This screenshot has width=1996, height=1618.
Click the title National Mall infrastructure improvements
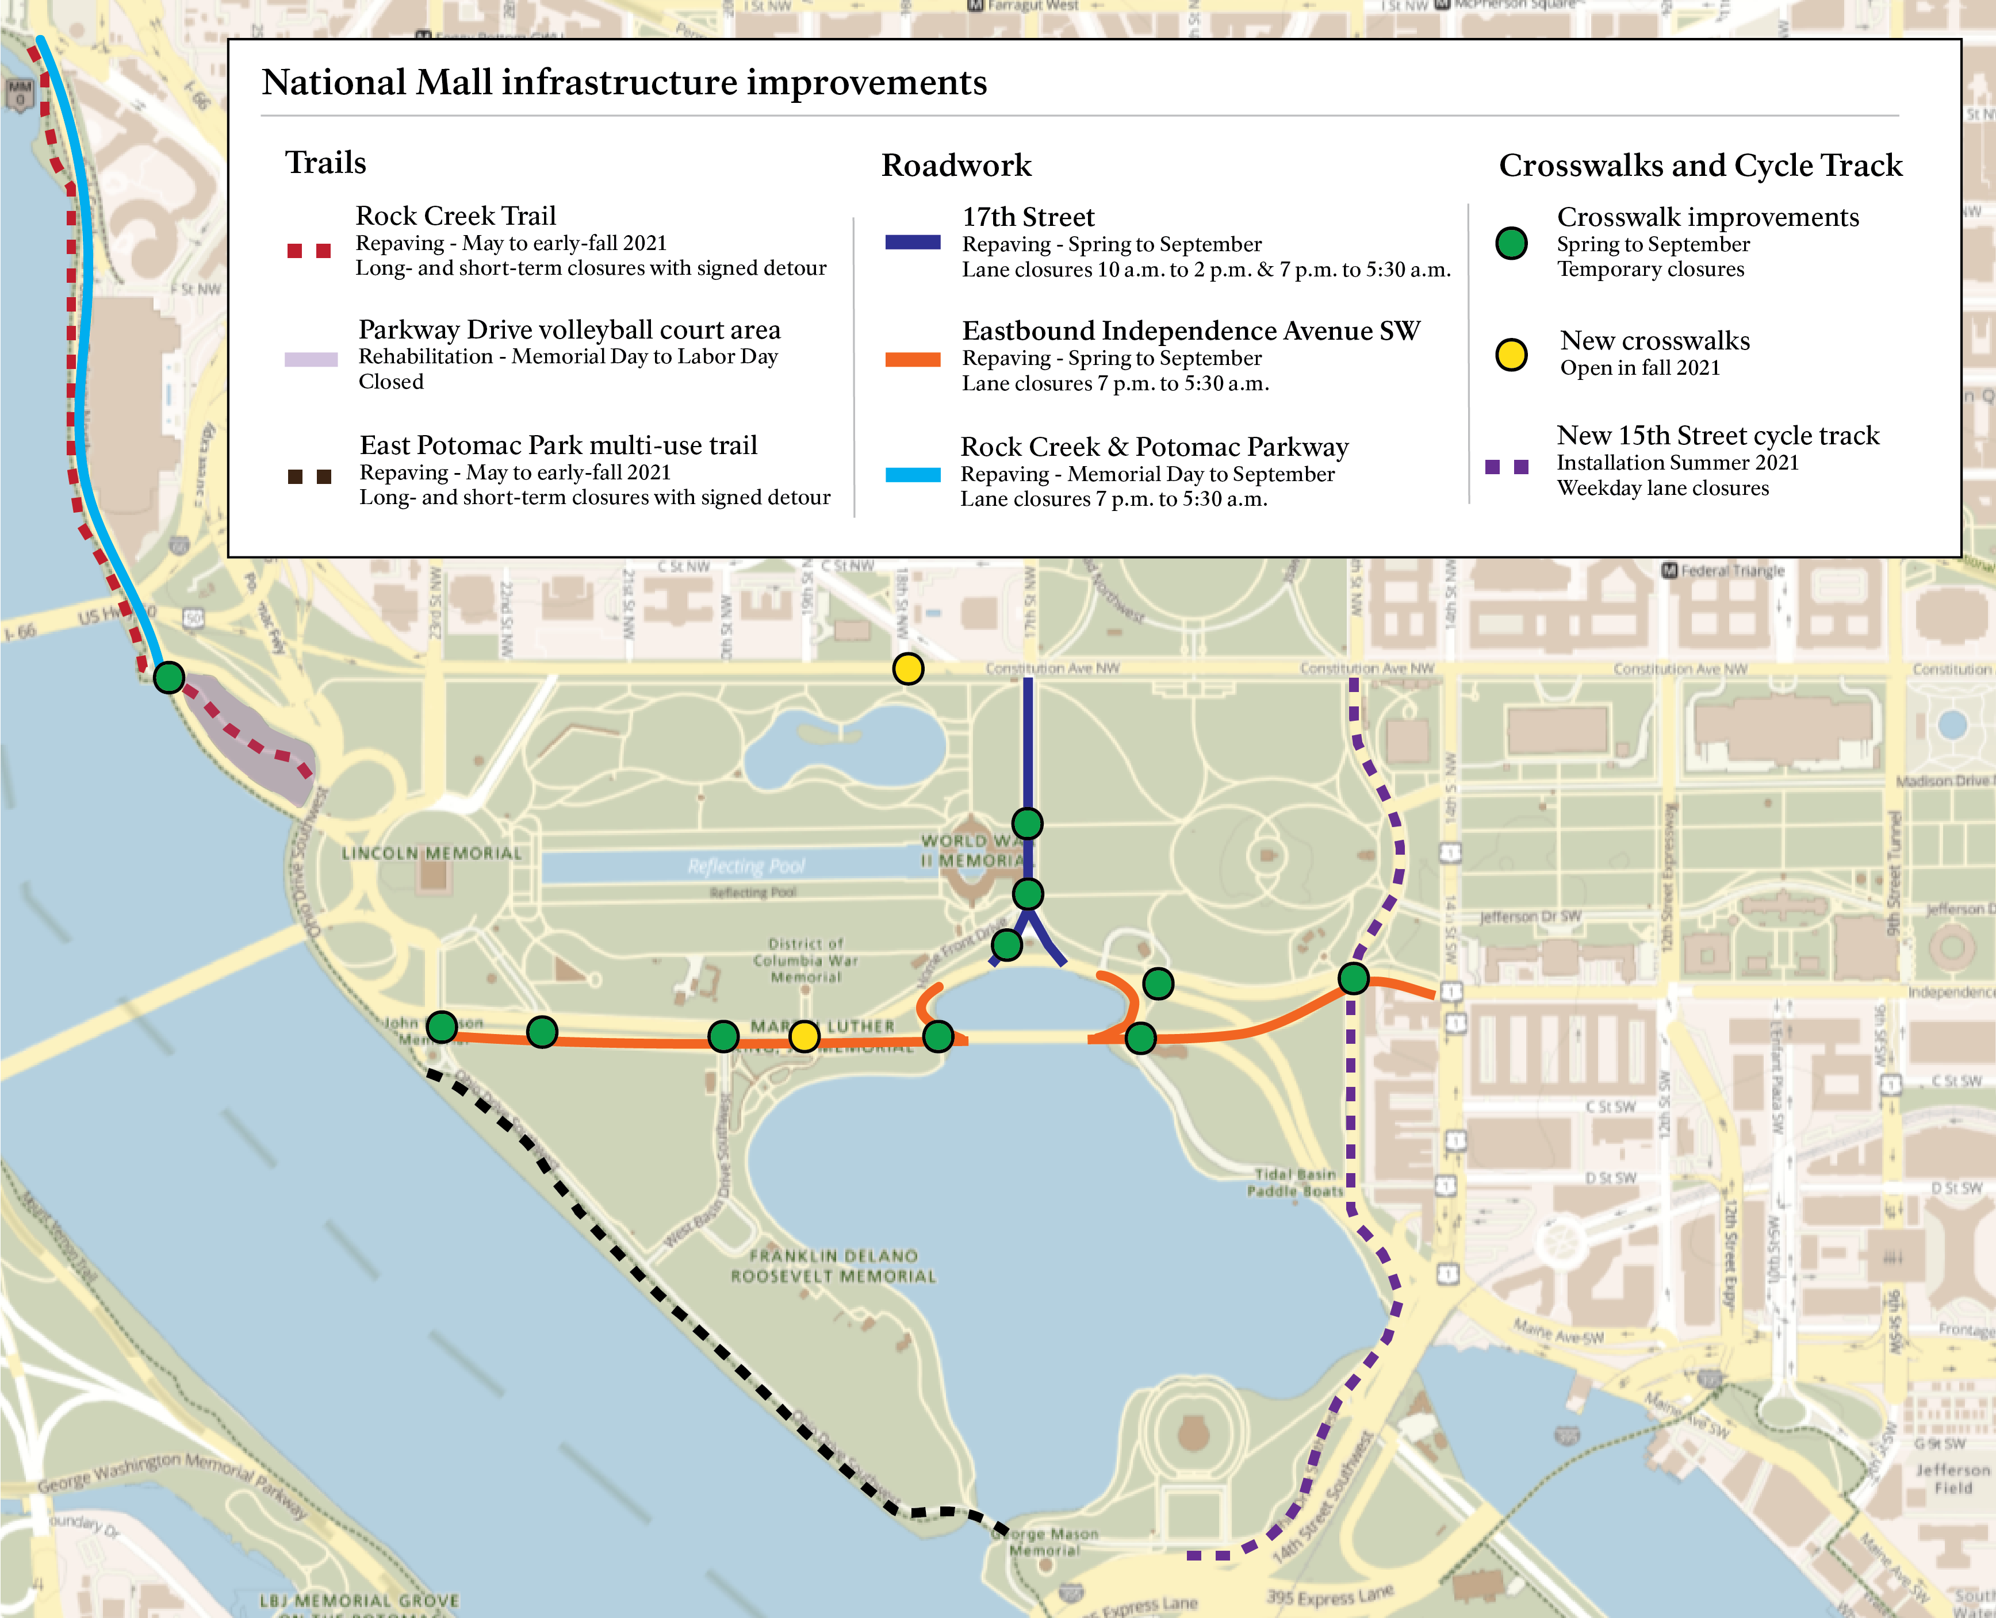point(624,82)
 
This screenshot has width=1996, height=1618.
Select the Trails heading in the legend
point(325,162)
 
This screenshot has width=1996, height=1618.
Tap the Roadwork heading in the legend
point(956,165)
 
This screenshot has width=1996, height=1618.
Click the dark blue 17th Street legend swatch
point(912,243)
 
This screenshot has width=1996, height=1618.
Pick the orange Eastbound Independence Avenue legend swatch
point(912,359)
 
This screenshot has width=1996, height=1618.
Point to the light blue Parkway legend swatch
point(912,474)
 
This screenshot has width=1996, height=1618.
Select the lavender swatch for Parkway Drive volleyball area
point(311,359)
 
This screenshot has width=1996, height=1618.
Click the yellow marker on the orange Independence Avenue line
point(803,1036)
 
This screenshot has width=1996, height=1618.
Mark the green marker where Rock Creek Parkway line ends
point(168,677)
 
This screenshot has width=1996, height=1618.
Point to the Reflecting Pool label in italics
point(746,866)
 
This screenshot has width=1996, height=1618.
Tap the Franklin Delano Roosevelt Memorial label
point(833,1266)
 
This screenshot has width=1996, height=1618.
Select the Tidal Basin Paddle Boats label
point(1295,1182)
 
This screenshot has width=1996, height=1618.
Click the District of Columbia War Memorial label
point(806,960)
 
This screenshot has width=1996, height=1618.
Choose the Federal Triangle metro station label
point(1724,570)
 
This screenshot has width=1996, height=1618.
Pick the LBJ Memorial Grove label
point(359,1600)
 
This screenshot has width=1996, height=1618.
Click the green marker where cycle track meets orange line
point(1353,978)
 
